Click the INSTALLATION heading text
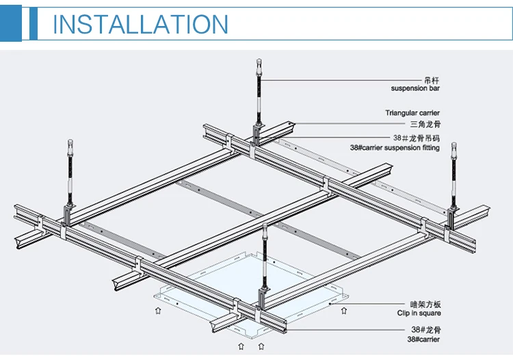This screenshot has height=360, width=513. pyautogui.click(x=140, y=25)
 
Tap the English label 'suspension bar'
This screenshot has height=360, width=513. pyautogui.click(x=415, y=88)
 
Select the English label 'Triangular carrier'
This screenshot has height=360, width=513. pyautogui.click(x=412, y=113)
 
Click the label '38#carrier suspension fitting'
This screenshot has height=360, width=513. pyautogui.click(x=395, y=147)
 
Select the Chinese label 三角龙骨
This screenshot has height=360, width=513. pyautogui.click(x=424, y=125)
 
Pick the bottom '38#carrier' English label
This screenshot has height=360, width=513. pyautogui.click(x=424, y=339)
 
